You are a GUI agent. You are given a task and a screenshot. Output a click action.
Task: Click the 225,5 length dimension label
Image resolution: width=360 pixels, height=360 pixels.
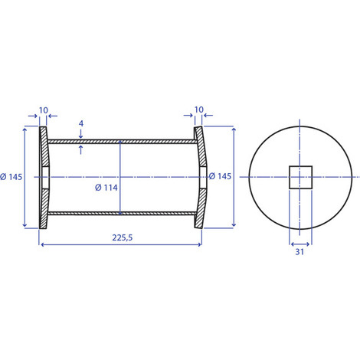click(123, 237)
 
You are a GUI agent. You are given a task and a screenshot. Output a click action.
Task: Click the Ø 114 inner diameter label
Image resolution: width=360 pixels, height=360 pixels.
click(106, 188)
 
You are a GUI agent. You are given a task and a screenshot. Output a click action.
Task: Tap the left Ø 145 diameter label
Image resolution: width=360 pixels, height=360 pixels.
click(11, 177)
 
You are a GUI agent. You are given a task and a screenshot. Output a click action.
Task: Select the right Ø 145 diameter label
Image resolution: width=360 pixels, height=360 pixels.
click(220, 176)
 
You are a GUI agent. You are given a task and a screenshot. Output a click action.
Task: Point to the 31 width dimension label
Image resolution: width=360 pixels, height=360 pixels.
click(299, 252)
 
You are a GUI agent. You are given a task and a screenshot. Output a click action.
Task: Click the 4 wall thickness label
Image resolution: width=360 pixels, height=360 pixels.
click(81, 123)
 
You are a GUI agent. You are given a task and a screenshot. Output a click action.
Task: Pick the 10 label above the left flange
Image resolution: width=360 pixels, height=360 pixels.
click(44, 110)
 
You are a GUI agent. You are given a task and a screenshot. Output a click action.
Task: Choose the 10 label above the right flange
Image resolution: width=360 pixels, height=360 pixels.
click(199, 110)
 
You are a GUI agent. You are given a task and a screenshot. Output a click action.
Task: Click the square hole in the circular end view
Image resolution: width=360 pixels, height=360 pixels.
click(300, 178)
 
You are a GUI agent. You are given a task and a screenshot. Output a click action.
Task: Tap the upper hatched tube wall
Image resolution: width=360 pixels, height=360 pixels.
click(123, 142)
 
